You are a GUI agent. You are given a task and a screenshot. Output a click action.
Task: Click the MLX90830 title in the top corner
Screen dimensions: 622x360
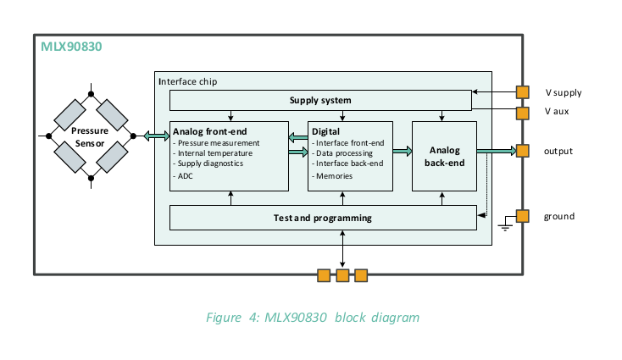point(71,47)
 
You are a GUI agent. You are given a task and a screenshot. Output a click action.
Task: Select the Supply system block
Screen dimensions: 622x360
point(320,100)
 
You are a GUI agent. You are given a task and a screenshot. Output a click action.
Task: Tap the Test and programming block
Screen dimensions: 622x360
point(323,218)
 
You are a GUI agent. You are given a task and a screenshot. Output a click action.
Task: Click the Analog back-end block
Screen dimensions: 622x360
point(444,156)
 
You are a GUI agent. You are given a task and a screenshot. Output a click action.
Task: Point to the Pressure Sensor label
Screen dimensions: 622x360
point(90,136)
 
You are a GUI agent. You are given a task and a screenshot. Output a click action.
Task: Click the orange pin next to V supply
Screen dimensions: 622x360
point(523,92)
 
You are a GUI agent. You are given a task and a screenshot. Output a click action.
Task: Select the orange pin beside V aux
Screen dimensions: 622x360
point(523,113)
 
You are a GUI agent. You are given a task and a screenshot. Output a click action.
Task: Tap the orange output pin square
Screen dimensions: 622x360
point(523,151)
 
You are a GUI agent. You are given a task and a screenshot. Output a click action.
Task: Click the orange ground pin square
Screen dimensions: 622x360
point(523,216)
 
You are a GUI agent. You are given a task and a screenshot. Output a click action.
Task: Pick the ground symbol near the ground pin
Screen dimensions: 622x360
point(505,224)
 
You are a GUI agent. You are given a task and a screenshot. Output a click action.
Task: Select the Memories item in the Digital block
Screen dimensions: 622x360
point(334,176)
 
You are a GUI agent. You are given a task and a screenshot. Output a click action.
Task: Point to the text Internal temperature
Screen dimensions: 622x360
point(215,153)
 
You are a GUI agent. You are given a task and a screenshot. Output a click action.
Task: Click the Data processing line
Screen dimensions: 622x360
point(344,153)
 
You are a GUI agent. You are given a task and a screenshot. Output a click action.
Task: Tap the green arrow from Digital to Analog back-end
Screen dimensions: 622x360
point(403,151)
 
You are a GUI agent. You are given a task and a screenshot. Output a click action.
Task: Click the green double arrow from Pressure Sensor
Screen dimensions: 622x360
point(156,136)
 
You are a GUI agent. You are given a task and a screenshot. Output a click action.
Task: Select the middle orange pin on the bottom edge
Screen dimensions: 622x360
point(342,275)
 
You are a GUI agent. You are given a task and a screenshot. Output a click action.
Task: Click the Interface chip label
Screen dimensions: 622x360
point(187,81)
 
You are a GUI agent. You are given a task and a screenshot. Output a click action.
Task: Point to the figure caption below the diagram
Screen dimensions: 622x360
point(313,318)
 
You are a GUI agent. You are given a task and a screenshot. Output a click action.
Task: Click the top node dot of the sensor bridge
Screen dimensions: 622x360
point(91,94)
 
